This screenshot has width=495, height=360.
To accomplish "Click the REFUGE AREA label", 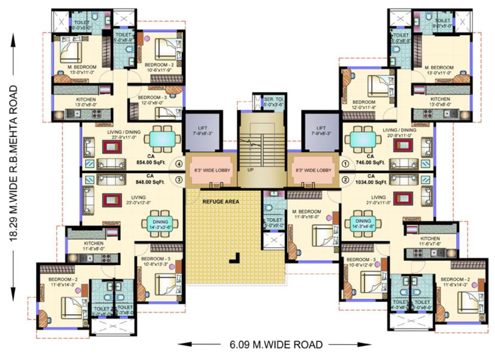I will pyautogui.click(x=220, y=201).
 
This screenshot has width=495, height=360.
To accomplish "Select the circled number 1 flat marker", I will pyautogui.click(x=345, y=164).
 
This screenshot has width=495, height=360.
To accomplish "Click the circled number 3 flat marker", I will pyautogui.click(x=179, y=179).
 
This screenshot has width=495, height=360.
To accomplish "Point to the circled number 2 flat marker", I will pyautogui.click(x=345, y=179).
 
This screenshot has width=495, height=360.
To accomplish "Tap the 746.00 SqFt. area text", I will pyautogui.click(x=374, y=163).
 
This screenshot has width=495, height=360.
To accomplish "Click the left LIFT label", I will pyautogui.click(x=203, y=131).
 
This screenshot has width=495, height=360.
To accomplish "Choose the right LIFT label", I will pyautogui.click(x=321, y=131).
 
